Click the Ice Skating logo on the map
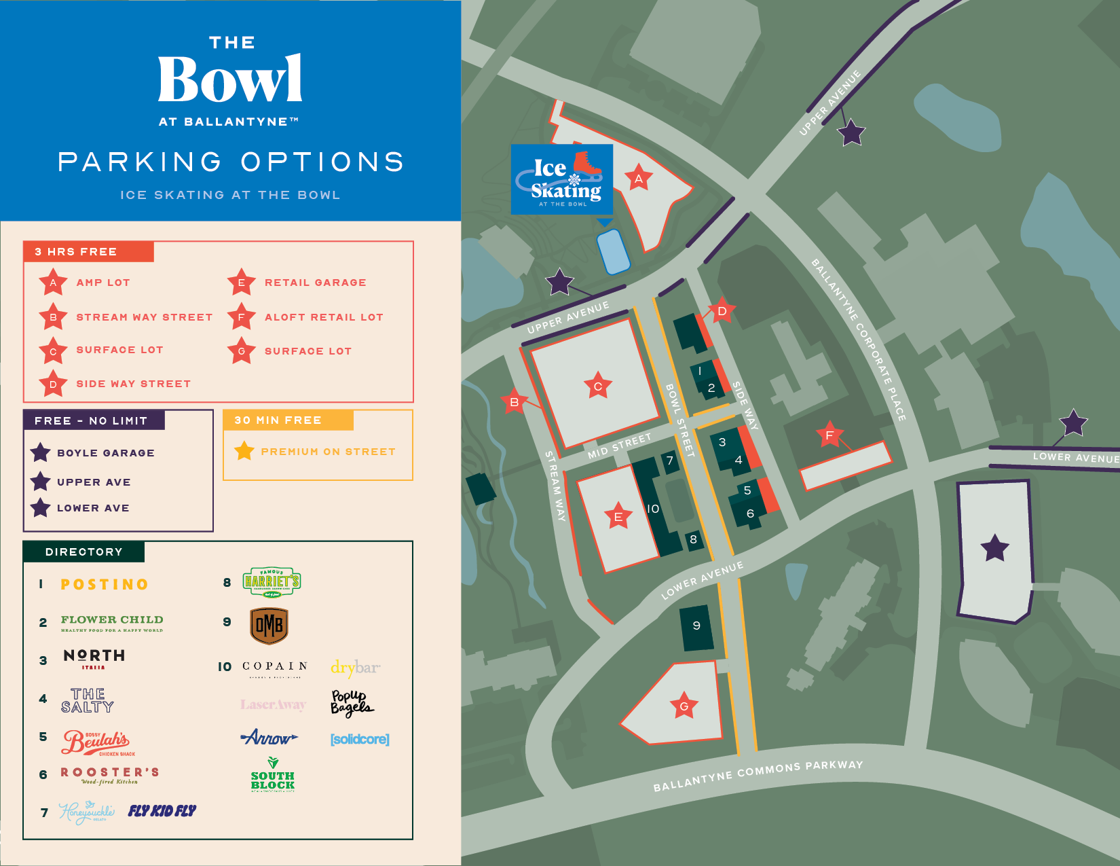[x=561, y=179]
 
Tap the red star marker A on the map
[x=638, y=179]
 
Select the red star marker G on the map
[x=684, y=706]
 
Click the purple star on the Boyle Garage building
[x=994, y=547]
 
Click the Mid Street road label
[x=619, y=446]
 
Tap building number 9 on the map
[x=696, y=626]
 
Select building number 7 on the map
[x=670, y=461]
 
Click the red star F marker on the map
[x=829, y=435]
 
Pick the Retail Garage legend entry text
[x=315, y=283]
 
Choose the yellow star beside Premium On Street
[x=244, y=451]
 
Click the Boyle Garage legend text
[x=106, y=453]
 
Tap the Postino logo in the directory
[x=105, y=584]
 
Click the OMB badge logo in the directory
[x=269, y=626]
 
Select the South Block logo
[x=272, y=775]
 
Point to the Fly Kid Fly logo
[x=162, y=810]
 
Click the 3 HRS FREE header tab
[x=88, y=251]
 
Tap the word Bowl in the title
[x=230, y=80]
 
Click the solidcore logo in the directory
[x=360, y=739]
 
